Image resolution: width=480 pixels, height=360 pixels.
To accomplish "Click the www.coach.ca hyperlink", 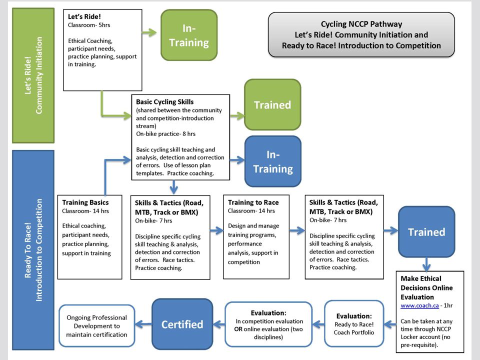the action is click(x=419, y=305).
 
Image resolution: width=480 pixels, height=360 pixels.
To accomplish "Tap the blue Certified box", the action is click(x=182, y=324).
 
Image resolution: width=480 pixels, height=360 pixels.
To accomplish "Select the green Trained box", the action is click(x=272, y=104).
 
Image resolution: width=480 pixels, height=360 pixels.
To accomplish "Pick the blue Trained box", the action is click(x=426, y=231).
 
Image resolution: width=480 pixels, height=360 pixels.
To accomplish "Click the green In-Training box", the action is click(x=189, y=35).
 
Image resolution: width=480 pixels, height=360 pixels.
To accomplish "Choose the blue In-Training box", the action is click(x=273, y=161).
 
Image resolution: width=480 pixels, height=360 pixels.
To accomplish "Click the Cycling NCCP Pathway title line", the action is click(x=361, y=24).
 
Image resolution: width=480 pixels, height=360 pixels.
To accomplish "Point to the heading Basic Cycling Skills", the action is click(x=164, y=101).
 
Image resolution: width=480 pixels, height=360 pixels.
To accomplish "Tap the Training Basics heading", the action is click(x=85, y=202).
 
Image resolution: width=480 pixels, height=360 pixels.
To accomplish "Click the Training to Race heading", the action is click(x=253, y=202).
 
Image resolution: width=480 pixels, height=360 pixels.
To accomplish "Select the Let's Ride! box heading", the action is click(x=84, y=16).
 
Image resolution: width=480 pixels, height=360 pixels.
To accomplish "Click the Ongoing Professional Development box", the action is click(x=96, y=325).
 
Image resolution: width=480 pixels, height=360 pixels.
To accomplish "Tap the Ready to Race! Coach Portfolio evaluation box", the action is click(x=354, y=324).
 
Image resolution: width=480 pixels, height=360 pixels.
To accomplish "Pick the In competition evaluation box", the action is click(x=268, y=324).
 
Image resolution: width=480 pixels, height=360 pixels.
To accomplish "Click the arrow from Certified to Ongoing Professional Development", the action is click(x=143, y=324).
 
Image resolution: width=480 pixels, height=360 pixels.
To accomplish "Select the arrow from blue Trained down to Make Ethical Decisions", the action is click(x=426, y=264).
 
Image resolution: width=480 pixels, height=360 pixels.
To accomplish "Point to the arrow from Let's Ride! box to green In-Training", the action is click(x=149, y=32).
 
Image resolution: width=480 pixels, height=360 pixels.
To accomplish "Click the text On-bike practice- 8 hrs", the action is click(x=165, y=134).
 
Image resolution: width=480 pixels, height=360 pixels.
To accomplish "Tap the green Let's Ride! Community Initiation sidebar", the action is click(x=33, y=75).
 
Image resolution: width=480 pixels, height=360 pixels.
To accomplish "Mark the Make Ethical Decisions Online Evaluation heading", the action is click(x=426, y=288).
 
